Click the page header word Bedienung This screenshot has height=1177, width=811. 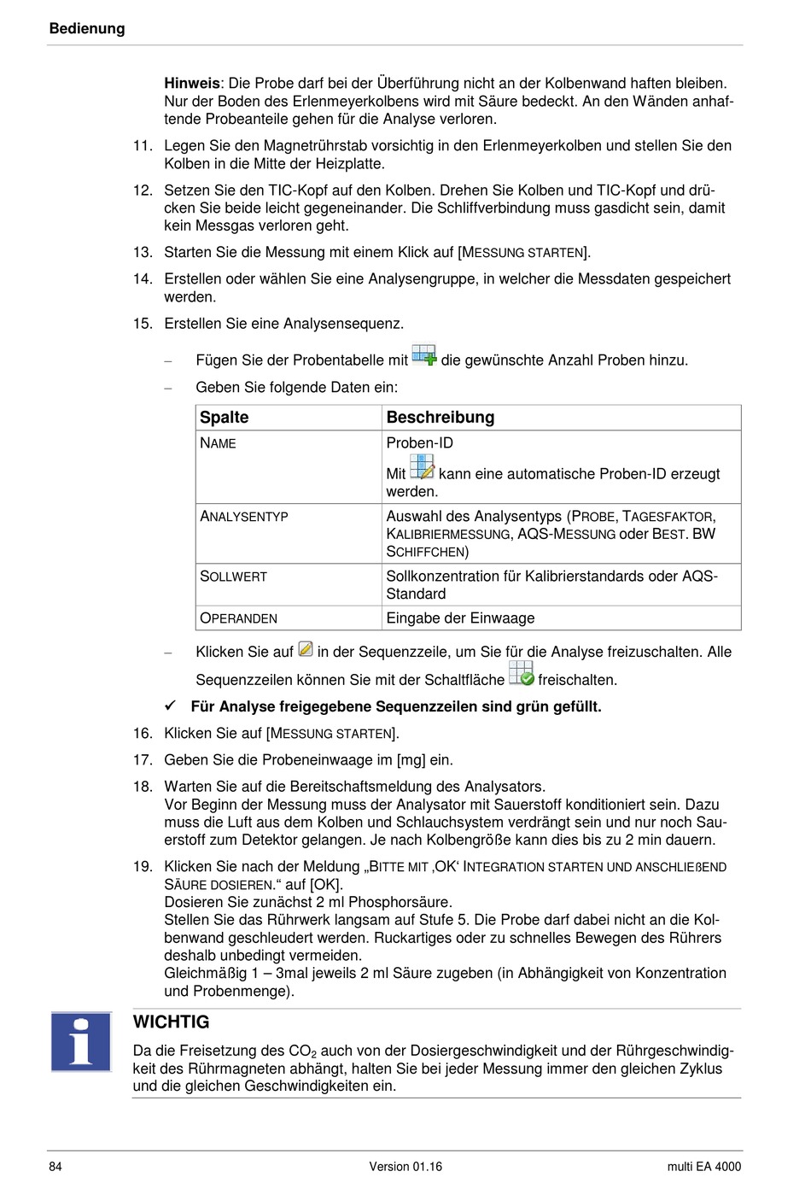(87, 28)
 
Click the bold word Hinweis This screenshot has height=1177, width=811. (192, 83)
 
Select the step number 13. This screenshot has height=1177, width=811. (143, 252)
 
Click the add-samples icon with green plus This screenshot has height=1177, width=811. (423, 355)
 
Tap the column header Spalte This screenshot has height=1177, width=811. (225, 417)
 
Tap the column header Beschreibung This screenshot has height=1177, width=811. (441, 417)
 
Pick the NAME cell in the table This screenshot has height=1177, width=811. (219, 443)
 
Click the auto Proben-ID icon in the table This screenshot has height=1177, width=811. (422, 466)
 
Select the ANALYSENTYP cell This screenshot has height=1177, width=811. (244, 517)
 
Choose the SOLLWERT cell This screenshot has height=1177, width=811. (234, 577)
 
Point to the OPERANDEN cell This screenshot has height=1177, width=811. (239, 618)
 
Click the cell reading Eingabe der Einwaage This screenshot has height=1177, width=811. (460, 618)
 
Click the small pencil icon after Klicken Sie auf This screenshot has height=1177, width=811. (306, 649)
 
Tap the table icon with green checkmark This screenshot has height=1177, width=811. (521, 673)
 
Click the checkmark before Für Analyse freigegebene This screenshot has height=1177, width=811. (171, 706)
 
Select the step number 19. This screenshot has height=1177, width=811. (143, 866)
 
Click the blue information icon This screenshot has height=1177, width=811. (81, 1041)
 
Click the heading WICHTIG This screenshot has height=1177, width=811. (171, 1022)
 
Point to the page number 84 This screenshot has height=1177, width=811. (55, 1166)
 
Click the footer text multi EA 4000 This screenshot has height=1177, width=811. (703, 1166)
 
